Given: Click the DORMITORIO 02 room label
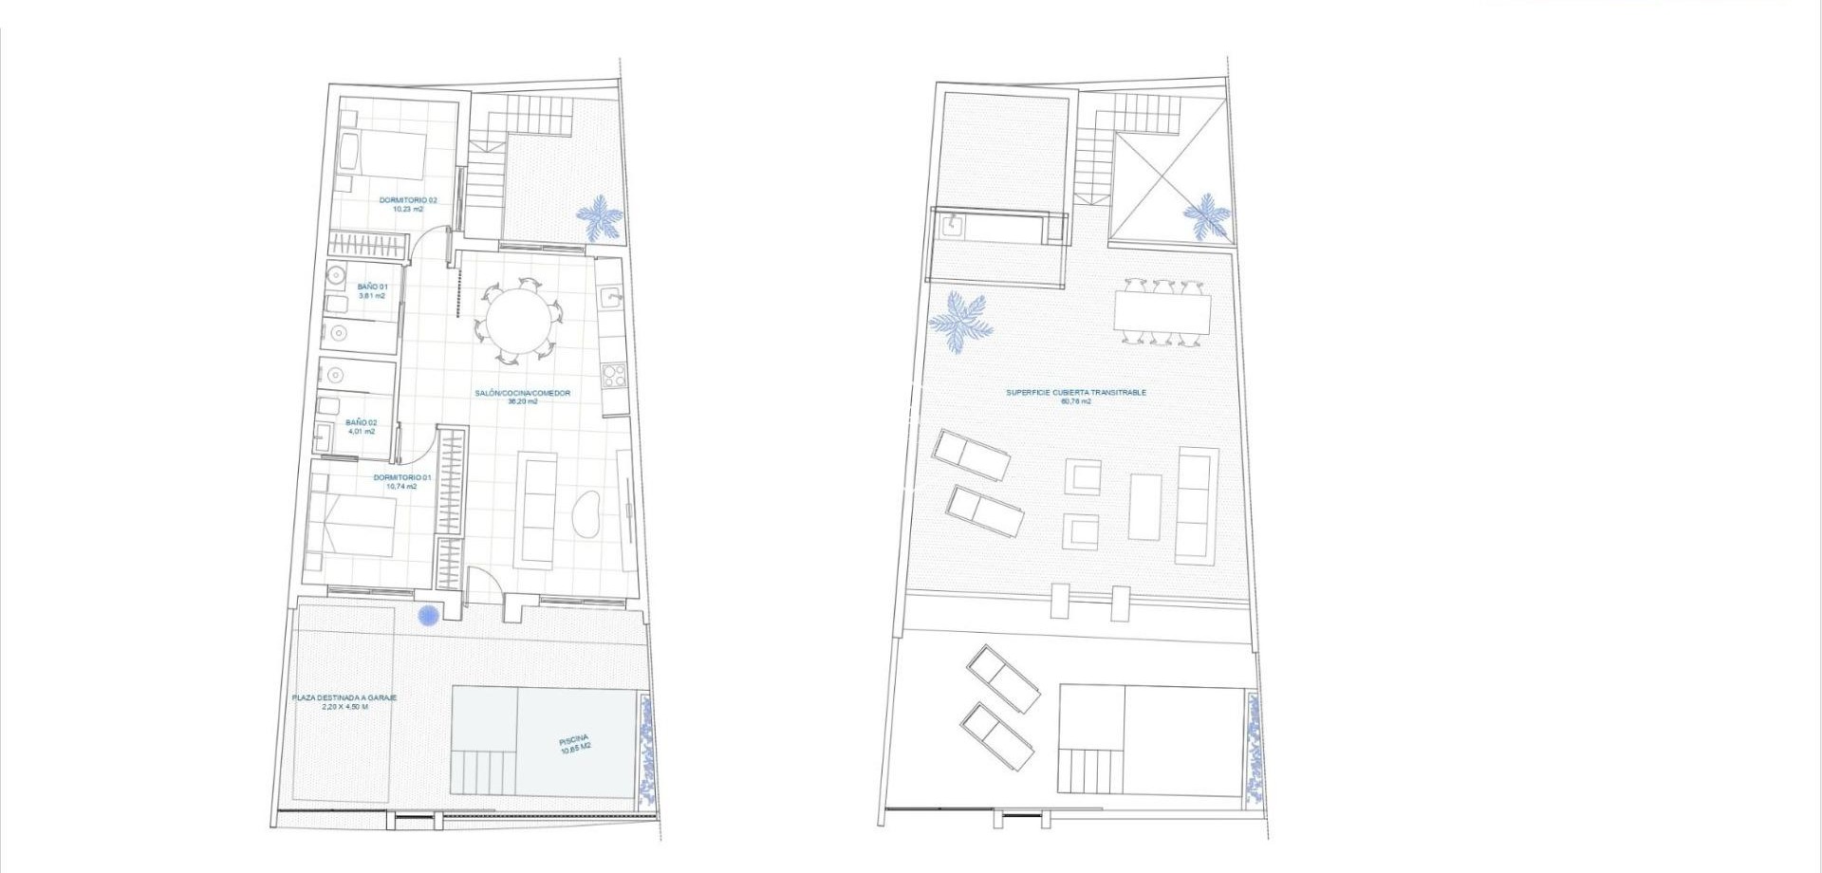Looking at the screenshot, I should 408,204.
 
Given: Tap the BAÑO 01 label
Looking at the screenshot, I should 372,290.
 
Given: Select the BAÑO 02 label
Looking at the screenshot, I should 361,426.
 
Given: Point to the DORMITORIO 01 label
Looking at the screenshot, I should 401,481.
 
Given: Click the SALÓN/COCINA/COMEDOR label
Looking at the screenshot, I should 522,396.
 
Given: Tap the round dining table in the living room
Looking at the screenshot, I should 518,322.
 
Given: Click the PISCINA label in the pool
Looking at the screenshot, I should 575,744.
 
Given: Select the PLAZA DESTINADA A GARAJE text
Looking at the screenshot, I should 344,701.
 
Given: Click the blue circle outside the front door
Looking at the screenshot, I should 429,616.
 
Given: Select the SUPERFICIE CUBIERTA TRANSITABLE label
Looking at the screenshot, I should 1076,396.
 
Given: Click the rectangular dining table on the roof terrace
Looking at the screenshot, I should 1162,311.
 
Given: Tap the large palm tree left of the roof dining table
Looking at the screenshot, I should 960,323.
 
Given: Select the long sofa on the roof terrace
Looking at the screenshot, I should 1198,506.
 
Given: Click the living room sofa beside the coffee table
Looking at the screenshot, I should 538,511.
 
